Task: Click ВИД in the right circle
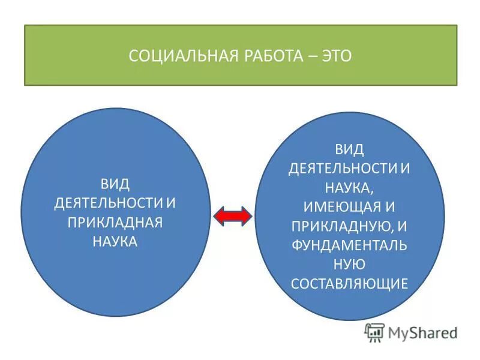point(349,148)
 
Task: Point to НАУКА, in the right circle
point(349,187)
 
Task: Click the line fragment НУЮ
point(349,264)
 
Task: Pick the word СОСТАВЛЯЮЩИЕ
point(349,283)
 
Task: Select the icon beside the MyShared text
point(374,332)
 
